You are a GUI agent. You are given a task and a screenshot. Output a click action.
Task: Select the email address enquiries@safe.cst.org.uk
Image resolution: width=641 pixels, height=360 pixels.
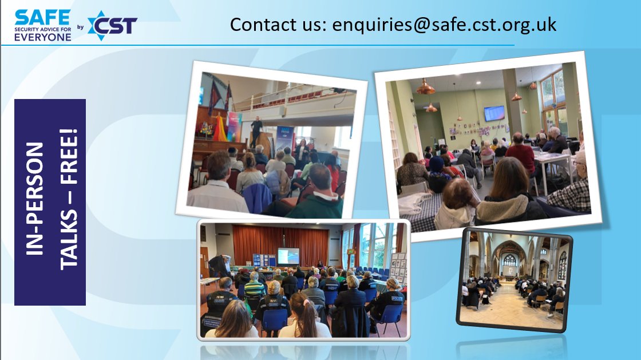click(444, 24)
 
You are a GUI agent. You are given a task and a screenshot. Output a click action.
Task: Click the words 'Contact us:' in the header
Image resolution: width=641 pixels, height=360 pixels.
click(279, 24)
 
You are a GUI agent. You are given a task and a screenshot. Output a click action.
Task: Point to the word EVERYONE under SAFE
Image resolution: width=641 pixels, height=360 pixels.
click(43, 37)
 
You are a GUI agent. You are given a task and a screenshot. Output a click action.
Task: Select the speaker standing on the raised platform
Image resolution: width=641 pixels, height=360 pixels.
click(256, 130)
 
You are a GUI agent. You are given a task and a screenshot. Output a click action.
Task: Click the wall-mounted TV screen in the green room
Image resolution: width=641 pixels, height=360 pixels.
click(494, 113)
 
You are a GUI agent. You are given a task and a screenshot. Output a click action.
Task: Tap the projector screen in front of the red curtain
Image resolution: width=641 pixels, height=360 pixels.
click(288, 255)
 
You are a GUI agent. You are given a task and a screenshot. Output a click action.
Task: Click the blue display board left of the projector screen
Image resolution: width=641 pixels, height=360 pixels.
click(264, 260)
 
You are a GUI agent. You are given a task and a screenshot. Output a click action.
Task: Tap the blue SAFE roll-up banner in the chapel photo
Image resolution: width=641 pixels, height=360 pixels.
click(284, 137)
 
